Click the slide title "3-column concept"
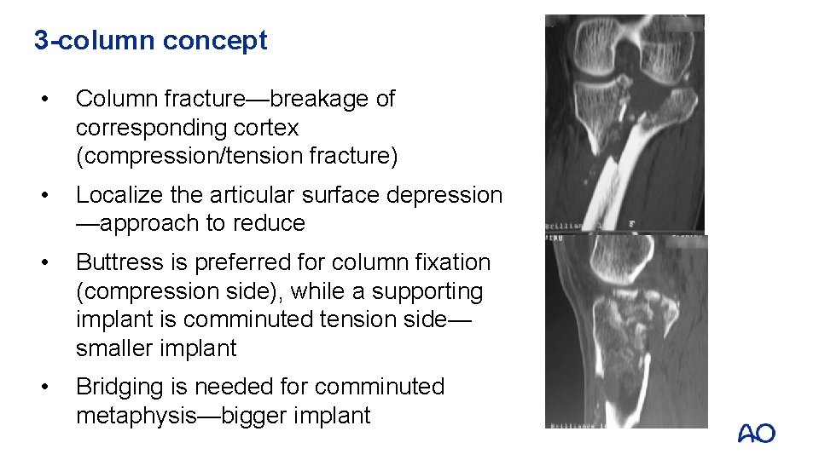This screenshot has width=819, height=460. pyautogui.click(x=150, y=40)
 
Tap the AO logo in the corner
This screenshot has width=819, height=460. pyautogui.click(x=756, y=434)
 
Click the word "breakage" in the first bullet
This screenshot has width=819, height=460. pyautogui.click(x=321, y=99)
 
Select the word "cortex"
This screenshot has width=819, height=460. pyautogui.click(x=269, y=128)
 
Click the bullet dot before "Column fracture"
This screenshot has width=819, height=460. pyautogui.click(x=54, y=100)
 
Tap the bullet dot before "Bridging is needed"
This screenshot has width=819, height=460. pyautogui.click(x=54, y=388)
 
